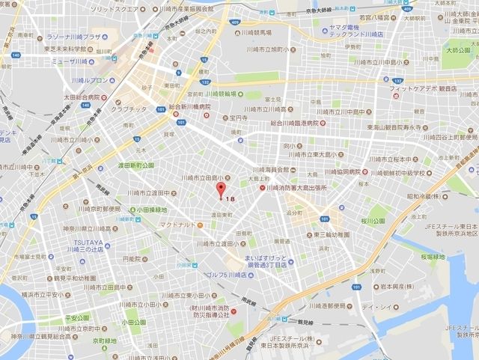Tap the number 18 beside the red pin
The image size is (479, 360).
(230, 200)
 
